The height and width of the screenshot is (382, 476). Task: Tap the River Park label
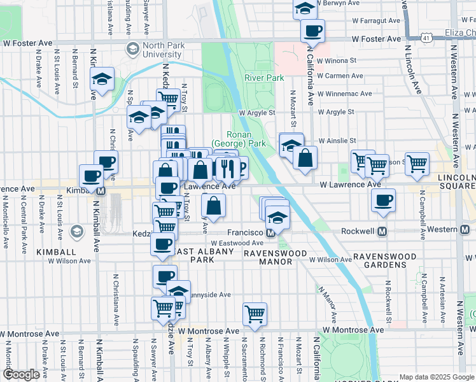click(x=264, y=78)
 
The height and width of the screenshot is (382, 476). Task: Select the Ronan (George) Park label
click(x=239, y=139)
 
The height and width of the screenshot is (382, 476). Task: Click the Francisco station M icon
click(x=270, y=232)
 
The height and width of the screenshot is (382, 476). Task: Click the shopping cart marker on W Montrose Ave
click(x=255, y=313)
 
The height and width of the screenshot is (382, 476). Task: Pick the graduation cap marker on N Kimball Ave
click(x=102, y=79)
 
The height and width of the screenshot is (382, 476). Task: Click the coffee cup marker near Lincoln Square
click(x=383, y=200)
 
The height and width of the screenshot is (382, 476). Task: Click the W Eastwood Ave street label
click(x=237, y=243)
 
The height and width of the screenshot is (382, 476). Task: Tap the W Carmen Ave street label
click(x=339, y=76)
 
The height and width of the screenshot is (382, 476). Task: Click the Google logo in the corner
click(x=22, y=374)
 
